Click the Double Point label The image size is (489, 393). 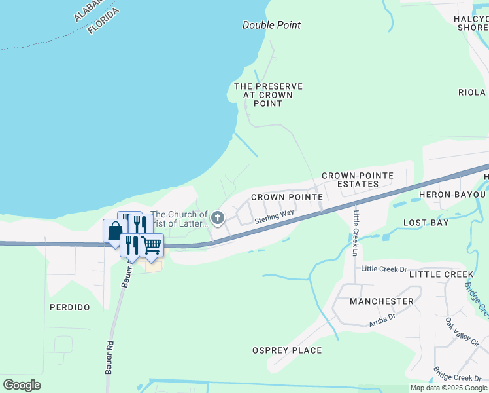coord(271,25)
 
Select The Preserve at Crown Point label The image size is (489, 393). coord(268,95)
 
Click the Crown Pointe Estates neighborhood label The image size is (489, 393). coord(357,179)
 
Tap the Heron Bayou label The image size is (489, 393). coord(453,195)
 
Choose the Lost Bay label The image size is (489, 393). coord(426,223)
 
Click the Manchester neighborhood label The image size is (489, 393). coord(381,301)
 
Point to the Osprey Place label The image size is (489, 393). coord(287,350)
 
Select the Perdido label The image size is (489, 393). coord(69,307)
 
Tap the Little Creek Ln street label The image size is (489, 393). coord(356,233)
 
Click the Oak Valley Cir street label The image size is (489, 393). coord(462,332)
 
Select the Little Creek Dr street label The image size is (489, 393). coord(384,269)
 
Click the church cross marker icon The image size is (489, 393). coord(218,217)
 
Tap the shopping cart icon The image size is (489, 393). coord(152,245)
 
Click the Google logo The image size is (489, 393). coord(22,385)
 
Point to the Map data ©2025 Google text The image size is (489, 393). coord(449,388)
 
